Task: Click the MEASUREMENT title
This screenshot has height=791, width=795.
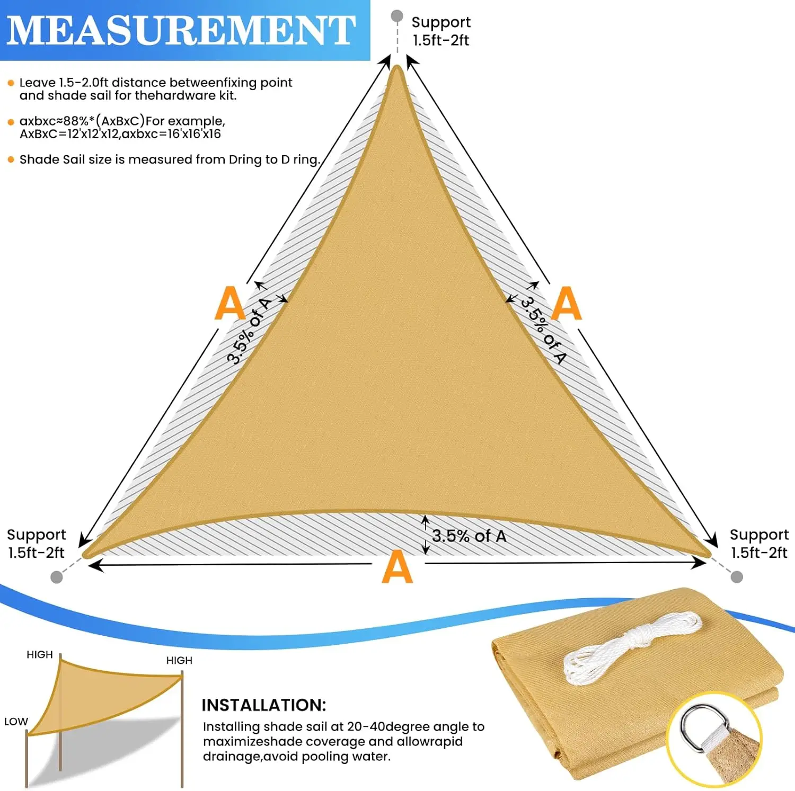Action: pyautogui.click(x=181, y=30)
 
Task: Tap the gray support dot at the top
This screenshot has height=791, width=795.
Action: pyautogui.click(x=397, y=16)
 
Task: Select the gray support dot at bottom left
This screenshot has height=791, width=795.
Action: pyautogui.click(x=57, y=577)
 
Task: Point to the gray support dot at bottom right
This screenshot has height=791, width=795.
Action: pyautogui.click(x=737, y=576)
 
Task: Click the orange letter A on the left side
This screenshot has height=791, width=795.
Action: pyautogui.click(x=229, y=303)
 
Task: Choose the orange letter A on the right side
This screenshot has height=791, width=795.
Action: pyautogui.click(x=567, y=303)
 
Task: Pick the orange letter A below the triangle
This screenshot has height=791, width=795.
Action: pyautogui.click(x=397, y=567)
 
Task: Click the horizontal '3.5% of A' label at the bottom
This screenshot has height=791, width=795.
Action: pyautogui.click(x=469, y=536)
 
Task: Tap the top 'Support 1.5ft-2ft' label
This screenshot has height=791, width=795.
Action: pyautogui.click(x=441, y=31)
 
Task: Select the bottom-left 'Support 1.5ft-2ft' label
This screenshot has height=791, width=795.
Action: pyautogui.click(x=36, y=544)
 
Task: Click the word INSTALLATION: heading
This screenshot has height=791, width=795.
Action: pyautogui.click(x=263, y=705)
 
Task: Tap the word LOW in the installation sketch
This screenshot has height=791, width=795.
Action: pyautogui.click(x=16, y=722)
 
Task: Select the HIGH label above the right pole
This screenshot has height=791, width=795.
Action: pyautogui.click(x=179, y=661)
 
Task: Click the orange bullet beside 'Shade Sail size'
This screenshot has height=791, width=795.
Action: pyautogui.click(x=11, y=159)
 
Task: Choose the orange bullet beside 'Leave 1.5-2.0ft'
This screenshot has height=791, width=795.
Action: pyautogui.click(x=11, y=83)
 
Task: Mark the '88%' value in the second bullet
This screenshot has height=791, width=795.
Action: pyautogui.click(x=76, y=121)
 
